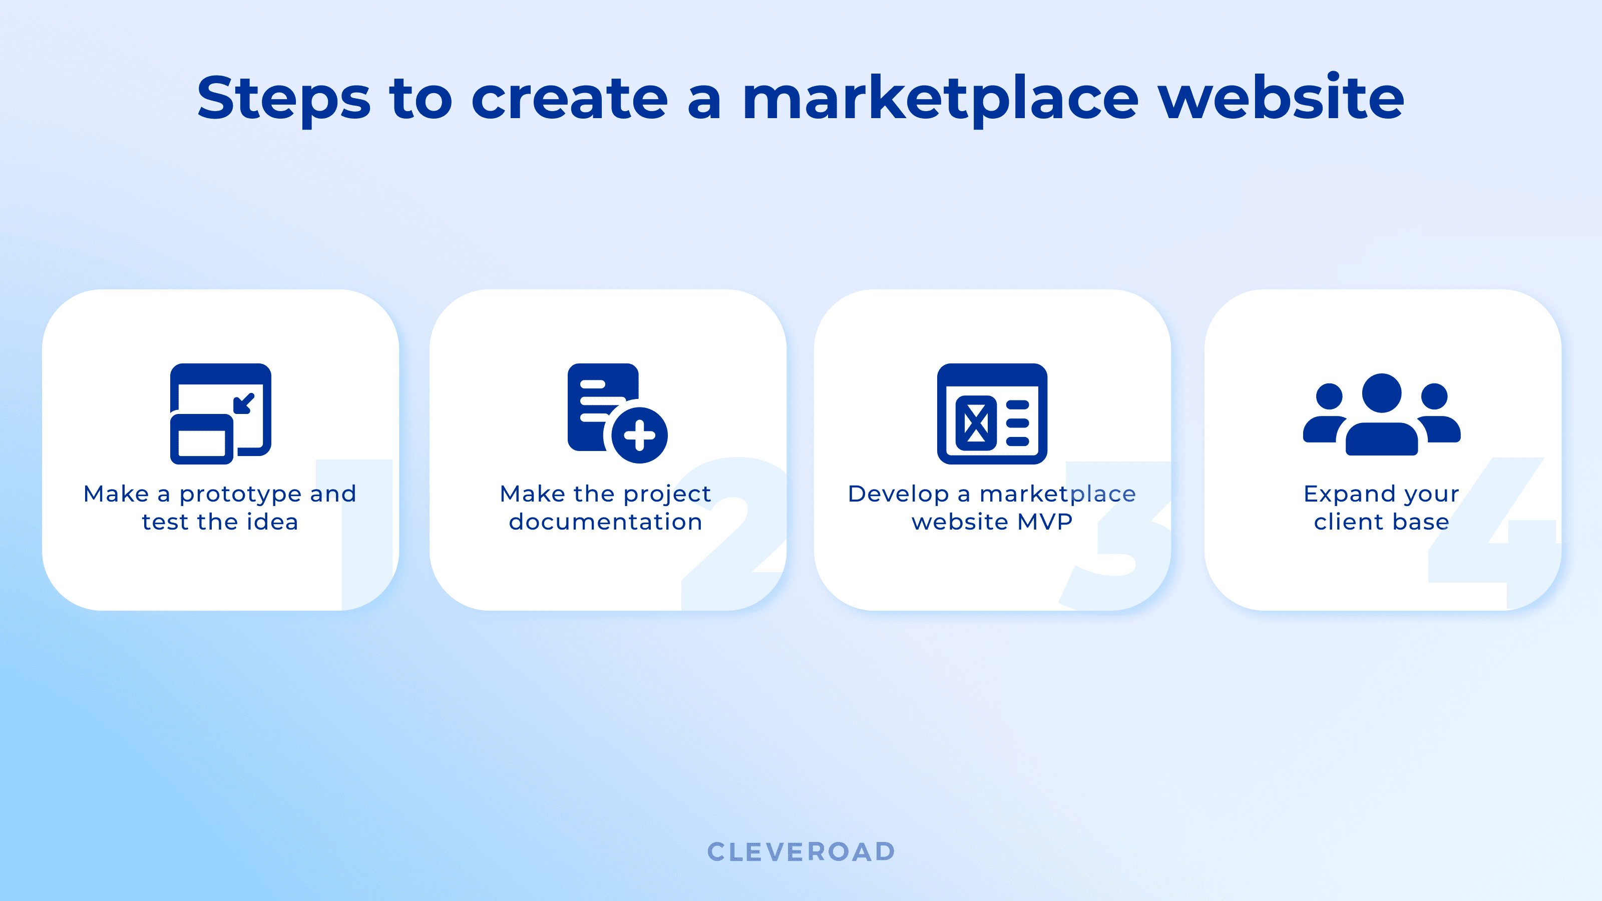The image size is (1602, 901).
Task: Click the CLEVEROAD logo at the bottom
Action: coord(801,852)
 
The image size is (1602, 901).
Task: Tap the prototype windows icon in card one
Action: coord(221,413)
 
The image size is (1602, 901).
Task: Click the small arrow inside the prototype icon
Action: coord(244,403)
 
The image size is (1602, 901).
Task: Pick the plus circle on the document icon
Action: coord(639,435)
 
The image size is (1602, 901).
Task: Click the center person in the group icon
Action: coord(1382,413)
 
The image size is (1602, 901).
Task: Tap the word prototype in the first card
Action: coord(240,495)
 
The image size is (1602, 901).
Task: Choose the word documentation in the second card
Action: coord(605,522)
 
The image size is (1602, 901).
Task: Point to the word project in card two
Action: coord(667,495)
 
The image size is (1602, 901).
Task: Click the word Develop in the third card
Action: coord(898,495)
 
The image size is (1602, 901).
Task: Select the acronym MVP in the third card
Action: coord(1045,522)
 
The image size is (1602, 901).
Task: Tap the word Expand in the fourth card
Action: coord(1342,495)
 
